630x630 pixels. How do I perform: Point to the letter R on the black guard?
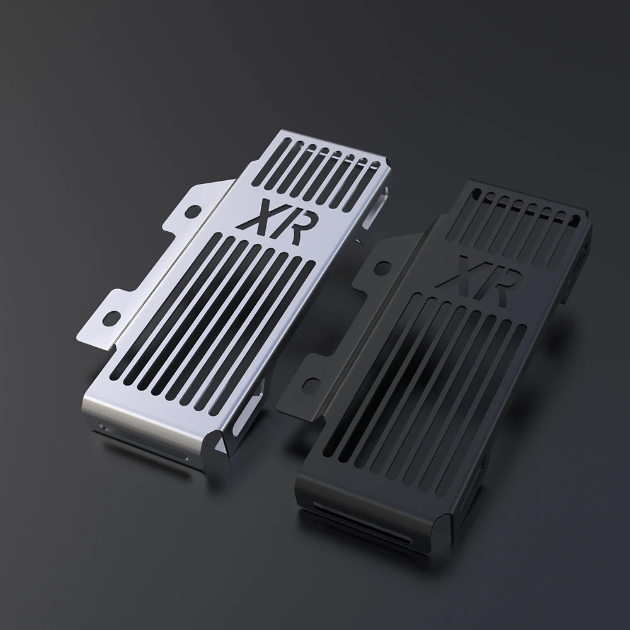490,276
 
